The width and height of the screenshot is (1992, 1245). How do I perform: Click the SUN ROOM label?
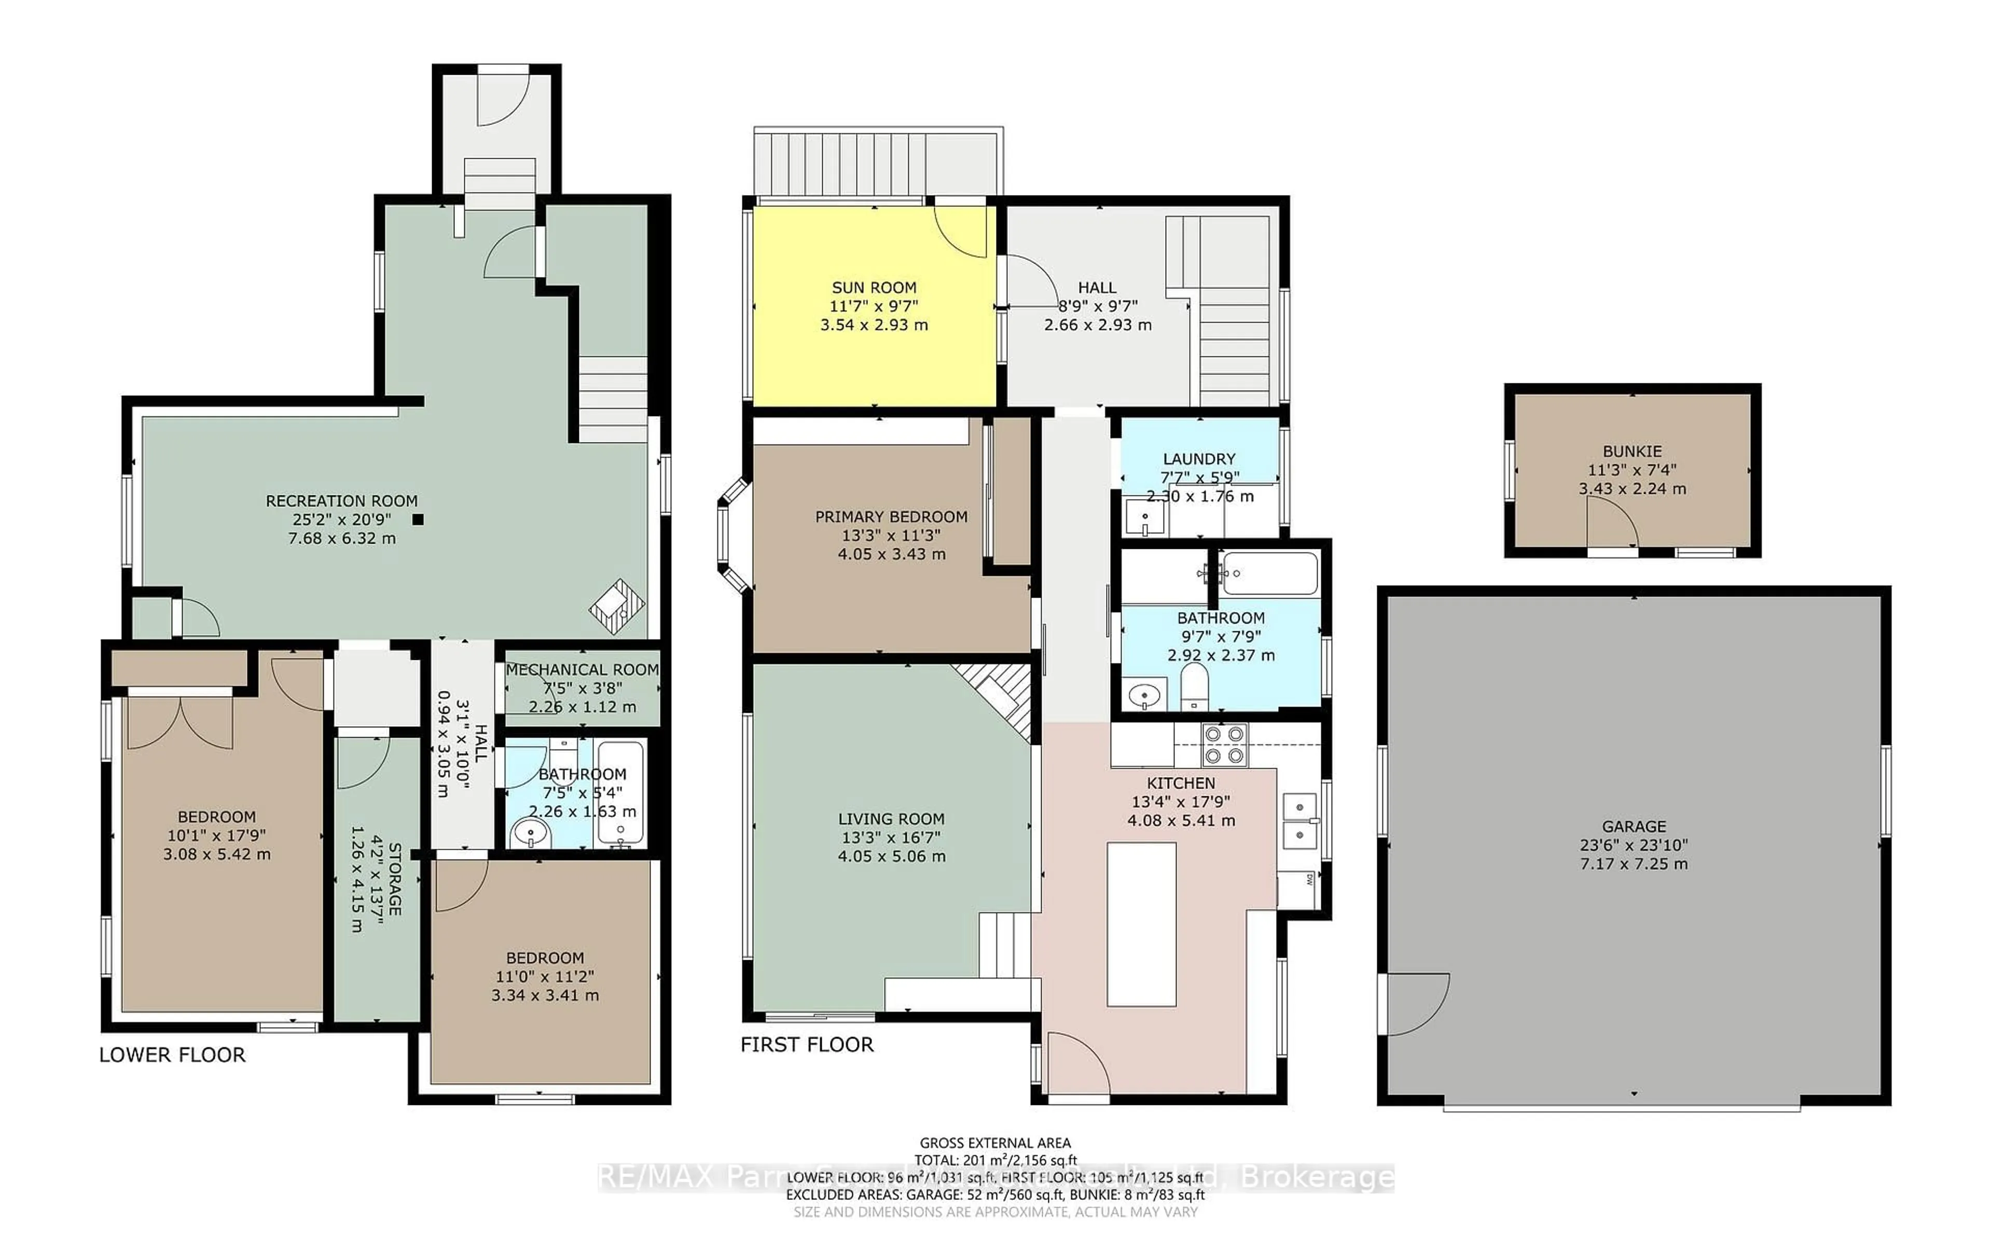874,287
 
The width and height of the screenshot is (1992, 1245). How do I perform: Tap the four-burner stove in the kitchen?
1225,744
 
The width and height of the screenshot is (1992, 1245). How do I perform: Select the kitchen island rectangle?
1141,924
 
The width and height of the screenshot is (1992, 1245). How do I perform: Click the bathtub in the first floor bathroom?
1269,573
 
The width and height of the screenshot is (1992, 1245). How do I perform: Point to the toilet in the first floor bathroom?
1194,688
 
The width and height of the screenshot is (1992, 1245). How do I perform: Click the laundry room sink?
1146,517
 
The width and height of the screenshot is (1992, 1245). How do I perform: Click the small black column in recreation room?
418,520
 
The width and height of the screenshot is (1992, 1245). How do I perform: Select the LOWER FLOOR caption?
172,1055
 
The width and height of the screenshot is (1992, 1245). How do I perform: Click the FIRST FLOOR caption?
807,1044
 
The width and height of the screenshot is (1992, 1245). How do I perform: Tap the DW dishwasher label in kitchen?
1308,879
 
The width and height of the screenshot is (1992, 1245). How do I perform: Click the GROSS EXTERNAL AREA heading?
994,1143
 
